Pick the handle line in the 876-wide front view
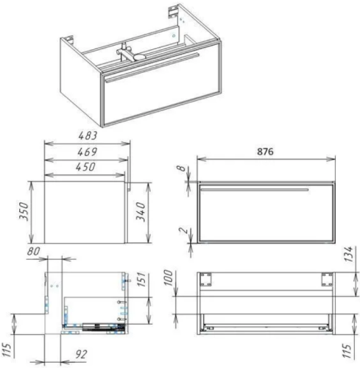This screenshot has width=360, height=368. pos(254,189)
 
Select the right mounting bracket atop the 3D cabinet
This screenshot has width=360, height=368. pos(173,11)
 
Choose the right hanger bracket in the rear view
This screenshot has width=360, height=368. pos(325,278)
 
